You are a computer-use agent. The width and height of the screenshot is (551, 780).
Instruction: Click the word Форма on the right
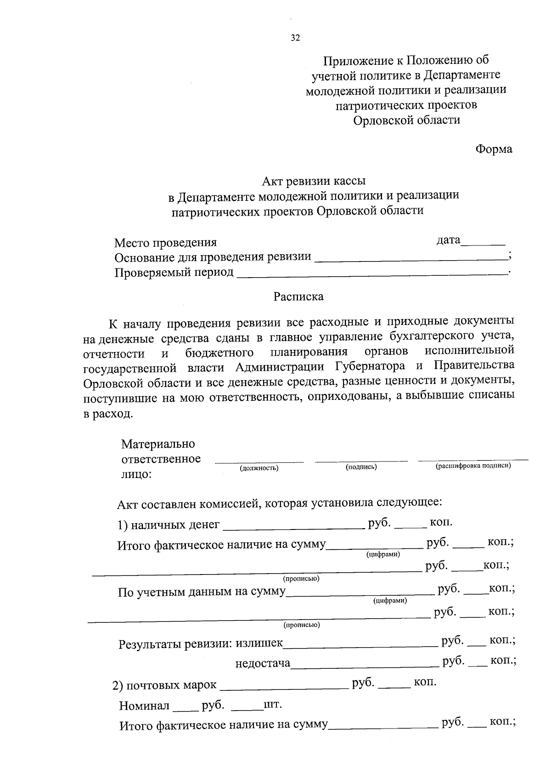(x=494, y=149)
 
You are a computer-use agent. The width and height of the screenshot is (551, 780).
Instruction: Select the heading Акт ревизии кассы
(x=314, y=182)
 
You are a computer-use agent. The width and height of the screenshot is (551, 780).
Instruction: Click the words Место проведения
(x=165, y=243)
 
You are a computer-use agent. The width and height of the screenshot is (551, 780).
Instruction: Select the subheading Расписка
(x=298, y=297)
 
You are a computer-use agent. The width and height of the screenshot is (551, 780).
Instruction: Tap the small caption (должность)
(x=259, y=468)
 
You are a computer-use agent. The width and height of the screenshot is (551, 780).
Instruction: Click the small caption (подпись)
(x=361, y=467)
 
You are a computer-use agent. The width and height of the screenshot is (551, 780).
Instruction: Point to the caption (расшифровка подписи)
(x=473, y=466)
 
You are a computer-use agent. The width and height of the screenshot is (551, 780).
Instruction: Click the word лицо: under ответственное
(x=136, y=474)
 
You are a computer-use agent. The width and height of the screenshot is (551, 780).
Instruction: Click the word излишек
(x=259, y=643)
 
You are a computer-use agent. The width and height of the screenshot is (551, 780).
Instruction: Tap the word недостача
(x=263, y=663)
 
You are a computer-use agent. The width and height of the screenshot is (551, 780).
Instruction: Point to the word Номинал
(x=144, y=706)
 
